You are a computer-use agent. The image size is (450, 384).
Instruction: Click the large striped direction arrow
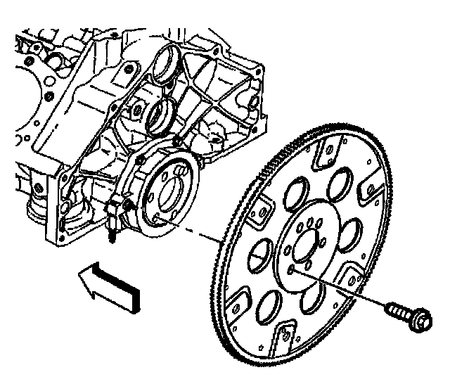pyautogui.click(x=112, y=284)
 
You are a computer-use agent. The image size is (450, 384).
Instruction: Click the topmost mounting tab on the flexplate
pyautogui.click(x=327, y=152)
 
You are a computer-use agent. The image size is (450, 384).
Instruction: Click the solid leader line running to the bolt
pyautogui.click(x=345, y=289)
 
